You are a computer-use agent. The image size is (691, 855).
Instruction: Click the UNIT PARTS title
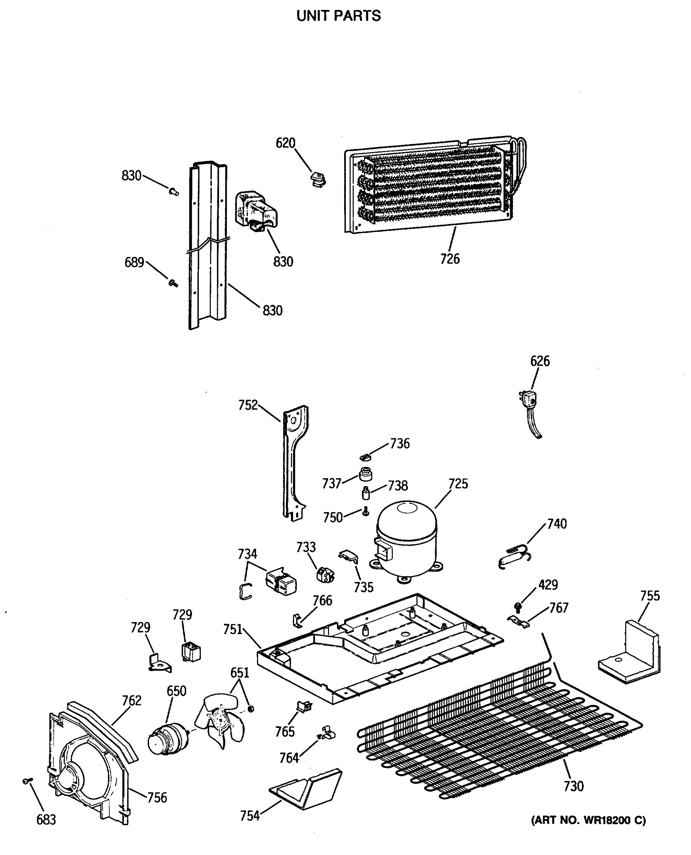tap(338, 16)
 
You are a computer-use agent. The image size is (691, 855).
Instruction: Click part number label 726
tap(450, 259)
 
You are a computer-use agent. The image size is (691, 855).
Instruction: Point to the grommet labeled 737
tap(365, 475)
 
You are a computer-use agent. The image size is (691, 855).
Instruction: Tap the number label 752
tap(247, 405)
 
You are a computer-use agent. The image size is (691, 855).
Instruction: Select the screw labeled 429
tap(518, 606)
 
